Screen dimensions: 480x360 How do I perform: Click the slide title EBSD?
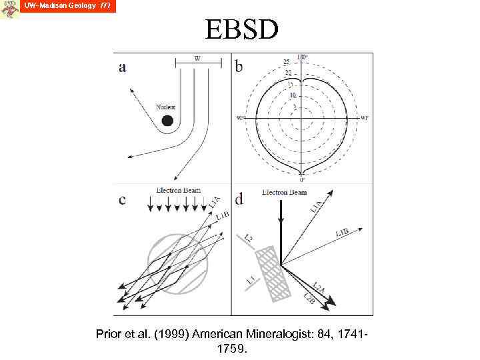point(241,29)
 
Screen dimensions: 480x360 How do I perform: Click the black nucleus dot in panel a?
point(167,120)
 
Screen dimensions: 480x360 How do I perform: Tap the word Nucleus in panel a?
point(165,107)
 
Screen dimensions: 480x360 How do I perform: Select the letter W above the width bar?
point(197,58)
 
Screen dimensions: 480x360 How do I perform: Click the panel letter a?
point(123,67)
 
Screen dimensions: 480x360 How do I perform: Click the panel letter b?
point(240,67)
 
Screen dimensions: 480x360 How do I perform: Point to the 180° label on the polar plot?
point(302,57)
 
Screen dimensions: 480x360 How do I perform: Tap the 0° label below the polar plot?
point(302,179)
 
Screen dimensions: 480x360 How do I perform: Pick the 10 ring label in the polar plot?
point(292,95)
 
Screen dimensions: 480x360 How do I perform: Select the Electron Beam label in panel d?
point(285,192)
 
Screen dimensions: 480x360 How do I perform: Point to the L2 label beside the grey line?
point(248,237)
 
